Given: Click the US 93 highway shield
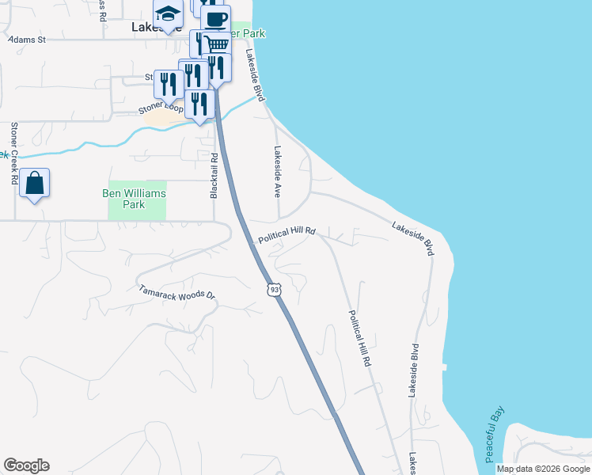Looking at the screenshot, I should (x=273, y=291).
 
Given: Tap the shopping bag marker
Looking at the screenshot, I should (x=35, y=184).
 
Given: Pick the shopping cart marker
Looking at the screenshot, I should (x=214, y=44).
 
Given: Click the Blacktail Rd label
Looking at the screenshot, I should (x=214, y=176).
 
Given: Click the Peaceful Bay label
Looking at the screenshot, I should (x=495, y=435).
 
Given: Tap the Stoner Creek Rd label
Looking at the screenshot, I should (x=14, y=154).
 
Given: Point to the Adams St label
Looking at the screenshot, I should (x=28, y=38).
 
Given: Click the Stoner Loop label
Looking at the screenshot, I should (x=162, y=106).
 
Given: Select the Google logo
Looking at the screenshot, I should (x=26, y=465).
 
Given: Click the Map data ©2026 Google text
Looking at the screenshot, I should (x=543, y=469).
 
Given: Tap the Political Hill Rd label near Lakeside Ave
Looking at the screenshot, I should (x=287, y=234).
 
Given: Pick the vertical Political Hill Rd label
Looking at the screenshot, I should (x=360, y=337).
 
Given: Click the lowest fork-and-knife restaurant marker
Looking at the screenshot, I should (x=199, y=104).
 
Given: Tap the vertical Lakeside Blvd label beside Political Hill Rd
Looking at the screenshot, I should (x=413, y=370).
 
